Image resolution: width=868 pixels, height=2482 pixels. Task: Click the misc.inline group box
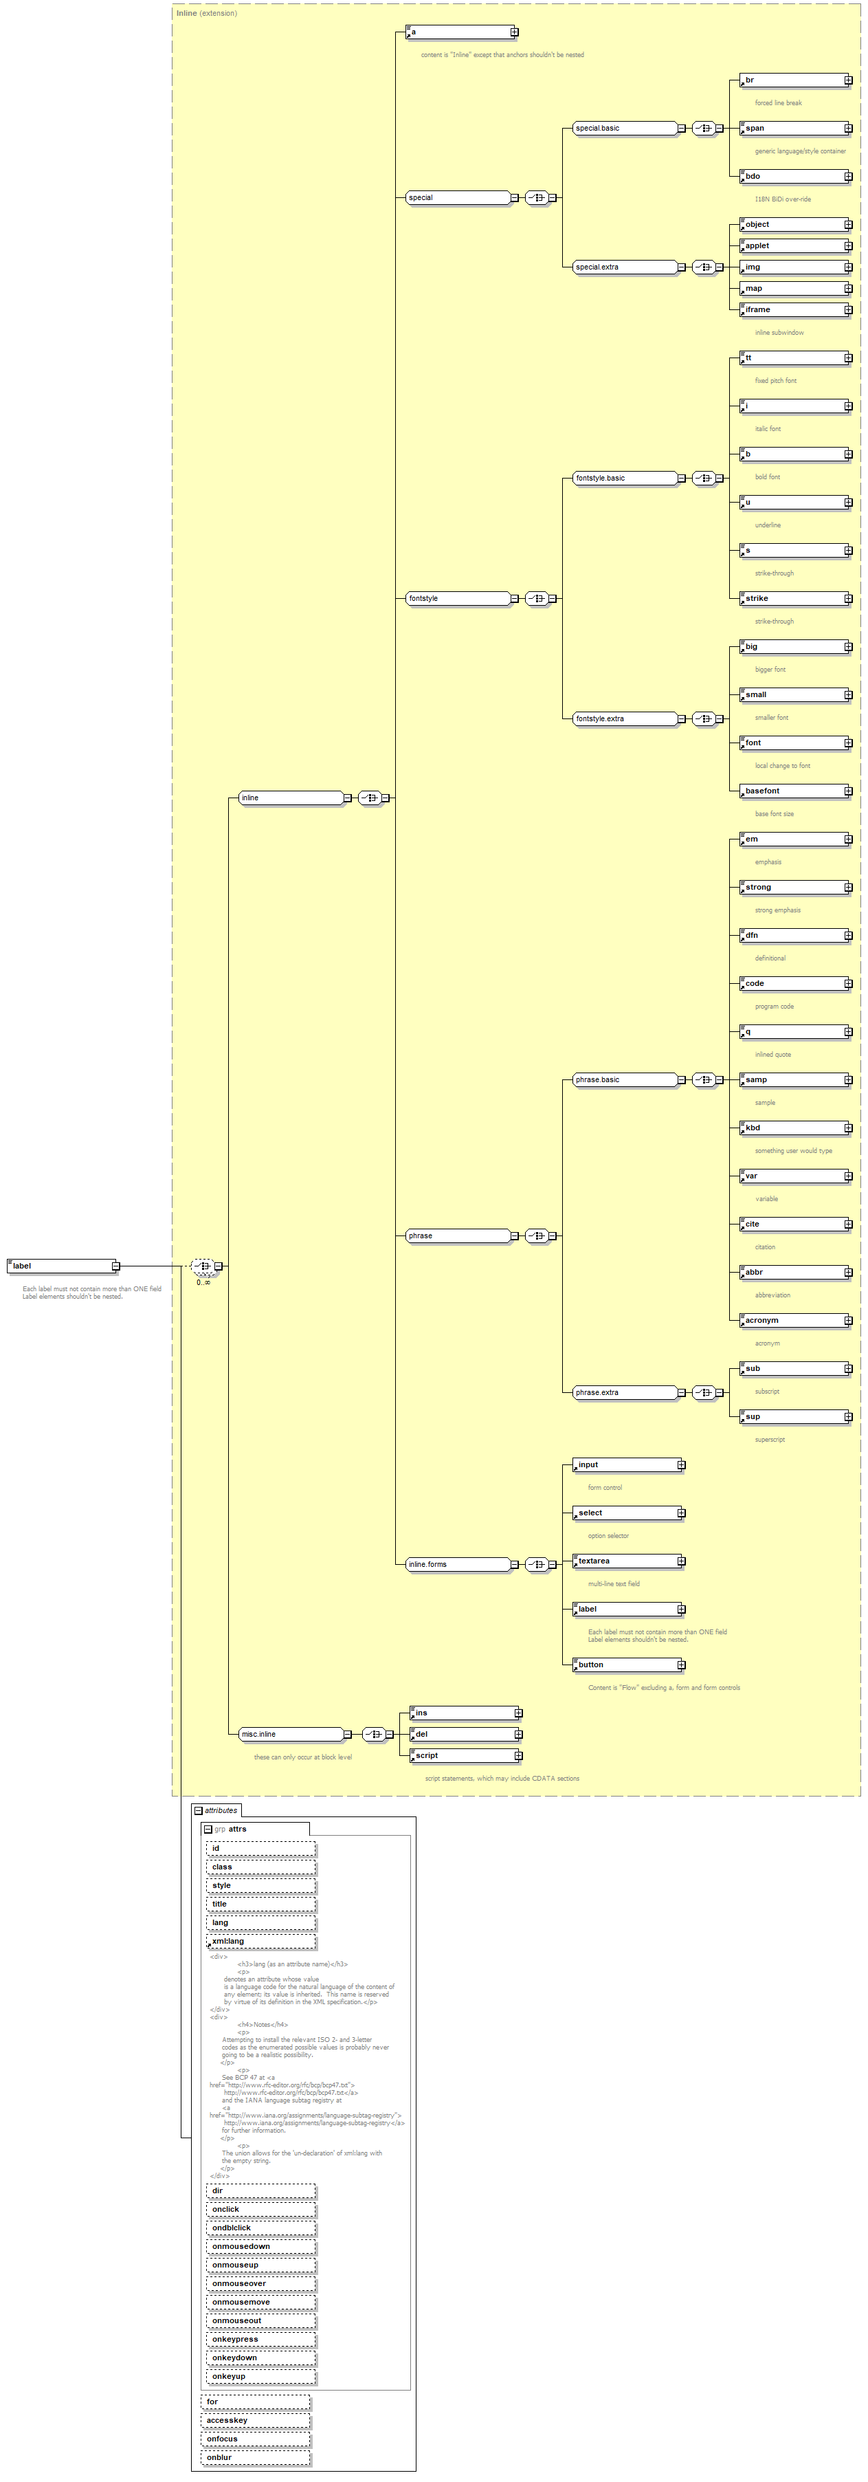pos(290,1735)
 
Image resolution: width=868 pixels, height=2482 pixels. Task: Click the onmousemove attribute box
pos(260,2302)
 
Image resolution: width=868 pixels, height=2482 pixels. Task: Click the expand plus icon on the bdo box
pos(849,176)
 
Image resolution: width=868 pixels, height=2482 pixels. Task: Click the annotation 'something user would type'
pos(794,1150)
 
